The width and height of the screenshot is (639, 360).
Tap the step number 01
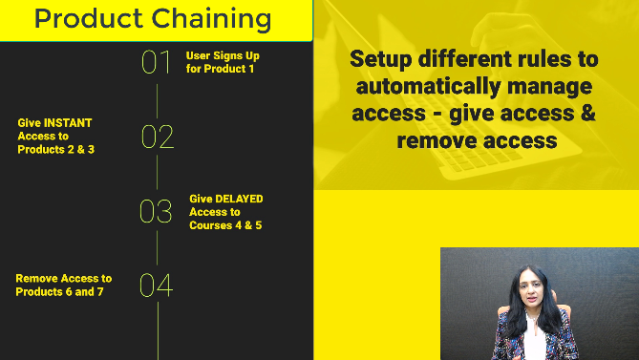point(157,62)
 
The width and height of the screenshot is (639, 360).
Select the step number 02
point(157,137)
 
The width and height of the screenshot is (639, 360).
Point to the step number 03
point(157,211)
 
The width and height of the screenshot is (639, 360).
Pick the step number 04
point(157,285)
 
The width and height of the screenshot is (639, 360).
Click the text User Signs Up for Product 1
point(223,62)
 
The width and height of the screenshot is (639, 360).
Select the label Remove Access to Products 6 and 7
point(63,285)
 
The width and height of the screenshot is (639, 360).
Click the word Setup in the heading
point(380,59)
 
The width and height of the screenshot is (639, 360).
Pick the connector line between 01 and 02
point(157,99)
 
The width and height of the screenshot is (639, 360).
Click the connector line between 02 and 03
point(157,174)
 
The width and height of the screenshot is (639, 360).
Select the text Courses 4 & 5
point(225,225)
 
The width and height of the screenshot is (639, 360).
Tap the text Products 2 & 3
point(55,150)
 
